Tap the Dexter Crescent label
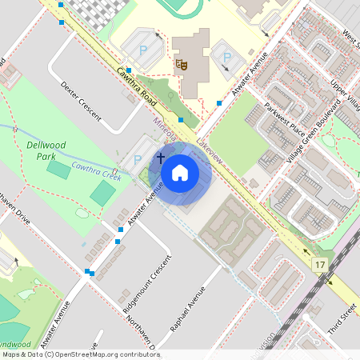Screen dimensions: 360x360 [x=81, y=99]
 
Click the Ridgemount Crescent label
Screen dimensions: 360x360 [x=147, y=283]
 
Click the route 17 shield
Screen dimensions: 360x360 [x=321, y=264]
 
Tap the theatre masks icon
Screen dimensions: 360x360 [x=181, y=62]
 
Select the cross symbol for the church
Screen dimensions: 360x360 [x=160, y=158]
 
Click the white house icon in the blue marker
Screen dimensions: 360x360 [x=180, y=172]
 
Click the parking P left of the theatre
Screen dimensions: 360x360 [x=143, y=50]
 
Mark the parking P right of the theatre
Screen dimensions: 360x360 [x=226, y=57]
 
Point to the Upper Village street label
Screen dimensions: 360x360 [x=346, y=96]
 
